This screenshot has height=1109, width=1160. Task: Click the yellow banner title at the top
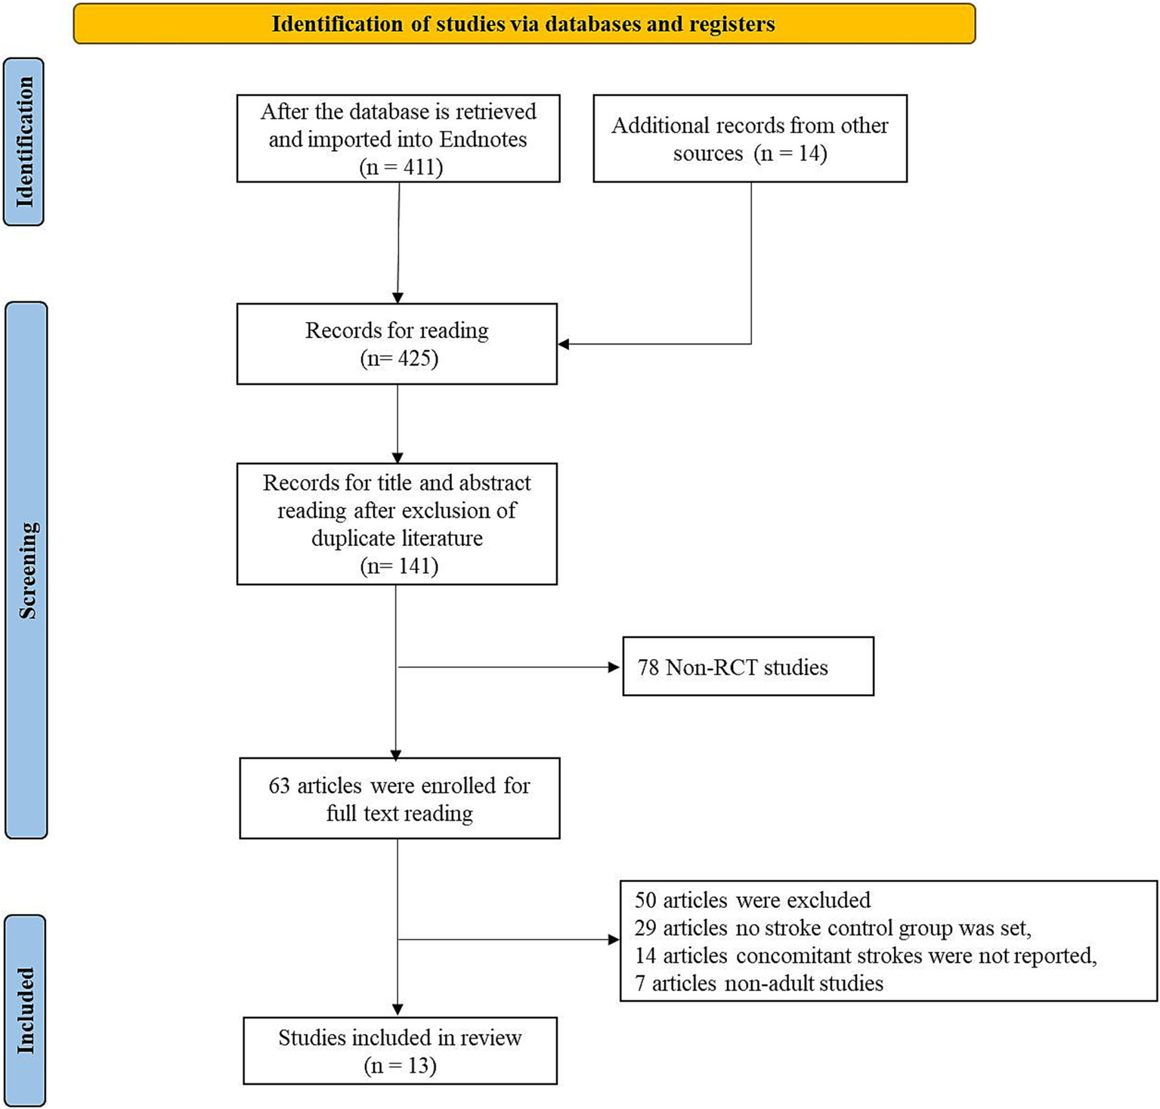pos(523,24)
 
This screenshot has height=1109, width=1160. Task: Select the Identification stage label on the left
pos(24,142)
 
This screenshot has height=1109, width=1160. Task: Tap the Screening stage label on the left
pos(26,571)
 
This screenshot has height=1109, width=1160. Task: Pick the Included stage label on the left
pos(25,1011)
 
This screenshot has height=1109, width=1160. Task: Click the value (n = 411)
pos(401,166)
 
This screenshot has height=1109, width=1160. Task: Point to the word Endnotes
pos(483,139)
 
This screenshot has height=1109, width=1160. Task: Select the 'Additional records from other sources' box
pos(750,139)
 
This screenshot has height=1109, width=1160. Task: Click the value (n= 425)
pos(399,358)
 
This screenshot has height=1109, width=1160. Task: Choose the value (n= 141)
pos(399,565)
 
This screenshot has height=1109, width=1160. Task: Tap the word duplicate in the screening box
pos(354,538)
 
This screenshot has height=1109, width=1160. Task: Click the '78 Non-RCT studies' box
pos(747,667)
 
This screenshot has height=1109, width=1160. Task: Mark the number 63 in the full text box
pos(279,785)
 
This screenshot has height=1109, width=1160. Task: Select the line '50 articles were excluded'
pos(752,900)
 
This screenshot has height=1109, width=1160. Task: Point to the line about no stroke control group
pos(832,928)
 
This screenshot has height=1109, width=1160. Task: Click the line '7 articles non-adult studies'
pos(759,983)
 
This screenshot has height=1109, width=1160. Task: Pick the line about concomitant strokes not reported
pos(865,956)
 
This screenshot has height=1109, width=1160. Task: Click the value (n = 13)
pos(400,1065)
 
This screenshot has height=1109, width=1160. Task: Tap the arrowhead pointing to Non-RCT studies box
pos(614,667)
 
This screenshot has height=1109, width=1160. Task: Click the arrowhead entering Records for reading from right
pos(564,344)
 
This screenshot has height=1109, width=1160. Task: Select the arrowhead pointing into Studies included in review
pos(397,1009)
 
